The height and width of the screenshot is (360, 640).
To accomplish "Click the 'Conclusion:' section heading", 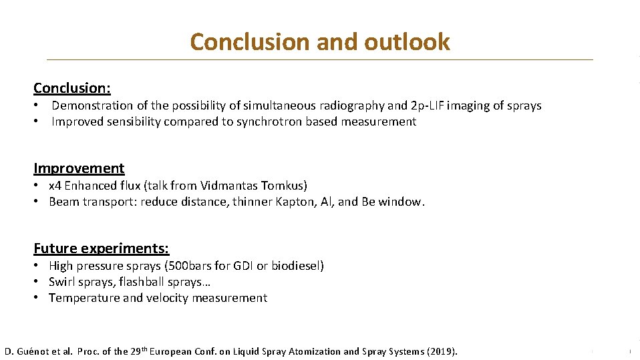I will [72, 88].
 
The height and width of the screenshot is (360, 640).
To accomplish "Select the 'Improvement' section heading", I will [79, 168].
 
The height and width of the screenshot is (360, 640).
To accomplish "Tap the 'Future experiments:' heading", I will [102, 248].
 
